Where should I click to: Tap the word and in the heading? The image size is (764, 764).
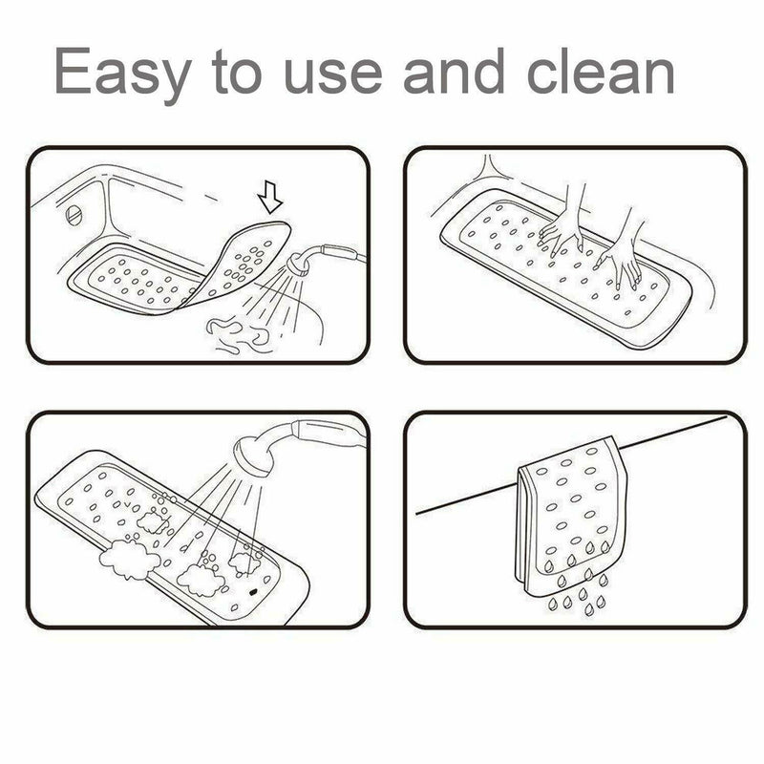pos(458,72)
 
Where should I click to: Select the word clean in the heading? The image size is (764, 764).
pos(602,72)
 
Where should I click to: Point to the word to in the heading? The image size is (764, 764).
pos(234,72)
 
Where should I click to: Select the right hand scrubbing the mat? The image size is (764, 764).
pos(621,253)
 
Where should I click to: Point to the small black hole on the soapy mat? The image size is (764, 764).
pos(255,592)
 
